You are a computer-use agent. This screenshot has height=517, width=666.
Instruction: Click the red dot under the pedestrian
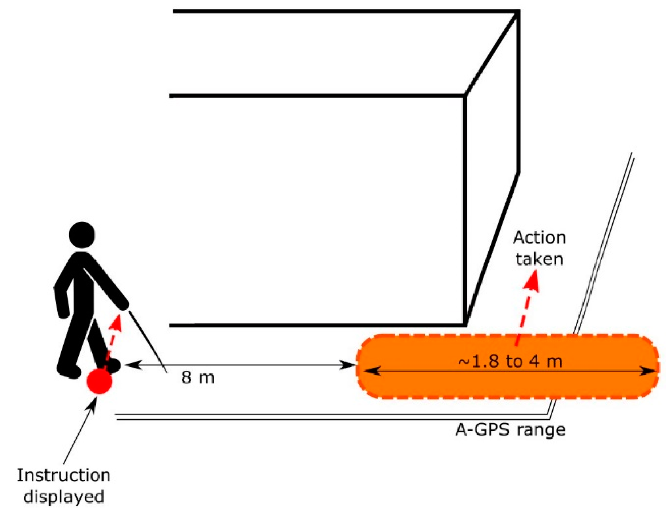click(99, 381)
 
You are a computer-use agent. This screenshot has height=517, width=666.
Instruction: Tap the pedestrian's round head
click(82, 235)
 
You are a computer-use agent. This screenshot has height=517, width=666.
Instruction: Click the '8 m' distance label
click(198, 377)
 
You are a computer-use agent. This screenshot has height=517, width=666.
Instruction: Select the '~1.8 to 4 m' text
click(510, 361)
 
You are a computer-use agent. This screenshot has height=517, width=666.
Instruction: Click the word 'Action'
click(539, 238)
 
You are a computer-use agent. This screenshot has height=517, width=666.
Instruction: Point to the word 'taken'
click(539, 259)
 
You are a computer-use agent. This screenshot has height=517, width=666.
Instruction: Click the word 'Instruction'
click(64, 475)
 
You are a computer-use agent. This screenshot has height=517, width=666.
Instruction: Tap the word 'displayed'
click(64, 497)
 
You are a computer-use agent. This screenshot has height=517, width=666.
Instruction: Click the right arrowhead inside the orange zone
click(648, 371)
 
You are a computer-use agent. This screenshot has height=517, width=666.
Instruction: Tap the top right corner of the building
click(517, 12)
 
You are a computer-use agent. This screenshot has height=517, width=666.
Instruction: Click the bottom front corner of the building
click(465, 325)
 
